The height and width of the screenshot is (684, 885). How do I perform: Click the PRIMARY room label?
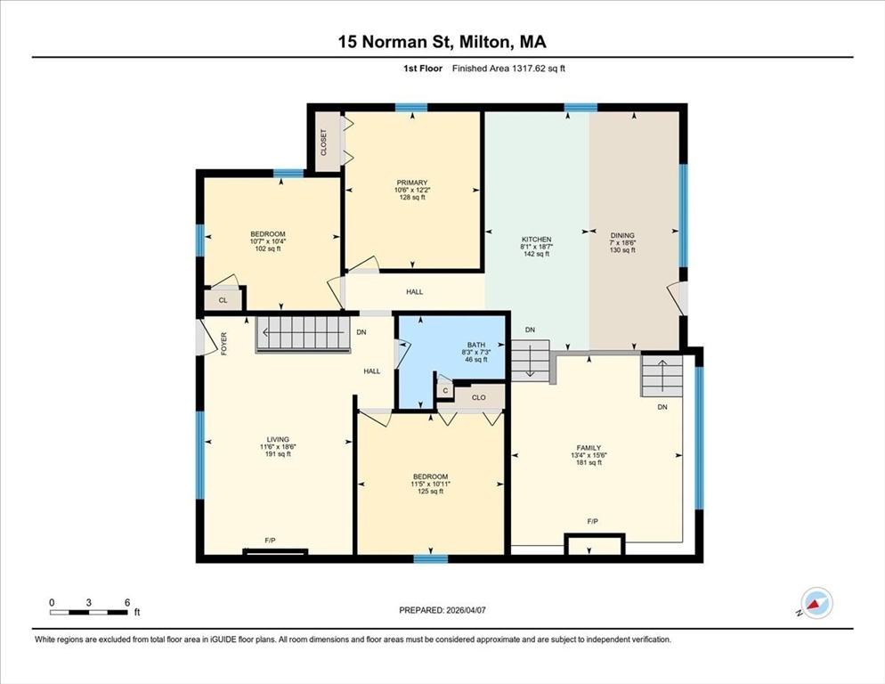[412, 183]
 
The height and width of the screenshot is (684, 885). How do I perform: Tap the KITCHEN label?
[536, 240]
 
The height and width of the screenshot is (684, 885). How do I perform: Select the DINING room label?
[622, 235]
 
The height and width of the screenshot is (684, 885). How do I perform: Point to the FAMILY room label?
[589, 448]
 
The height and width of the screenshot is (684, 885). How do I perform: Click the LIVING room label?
[278, 439]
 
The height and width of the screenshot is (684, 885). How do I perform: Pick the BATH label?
[475, 345]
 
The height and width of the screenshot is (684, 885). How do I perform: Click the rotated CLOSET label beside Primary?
[323, 142]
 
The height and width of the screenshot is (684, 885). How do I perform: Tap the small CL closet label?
[223, 300]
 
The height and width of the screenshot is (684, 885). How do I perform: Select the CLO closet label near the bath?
[479, 397]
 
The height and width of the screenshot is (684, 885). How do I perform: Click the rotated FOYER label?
[223, 344]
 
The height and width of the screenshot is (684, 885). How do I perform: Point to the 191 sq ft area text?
[278, 454]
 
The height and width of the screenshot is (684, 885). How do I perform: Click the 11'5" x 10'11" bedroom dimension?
[430, 484]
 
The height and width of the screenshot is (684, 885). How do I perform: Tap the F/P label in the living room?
[271, 541]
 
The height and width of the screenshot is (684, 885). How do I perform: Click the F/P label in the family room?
[592, 521]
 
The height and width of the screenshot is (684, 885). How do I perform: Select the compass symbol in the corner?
[816, 603]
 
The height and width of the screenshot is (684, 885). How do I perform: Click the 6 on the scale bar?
[127, 602]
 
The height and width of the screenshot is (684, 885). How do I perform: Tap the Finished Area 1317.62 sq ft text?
[508, 69]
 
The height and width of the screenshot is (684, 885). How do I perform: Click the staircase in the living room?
[303, 334]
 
